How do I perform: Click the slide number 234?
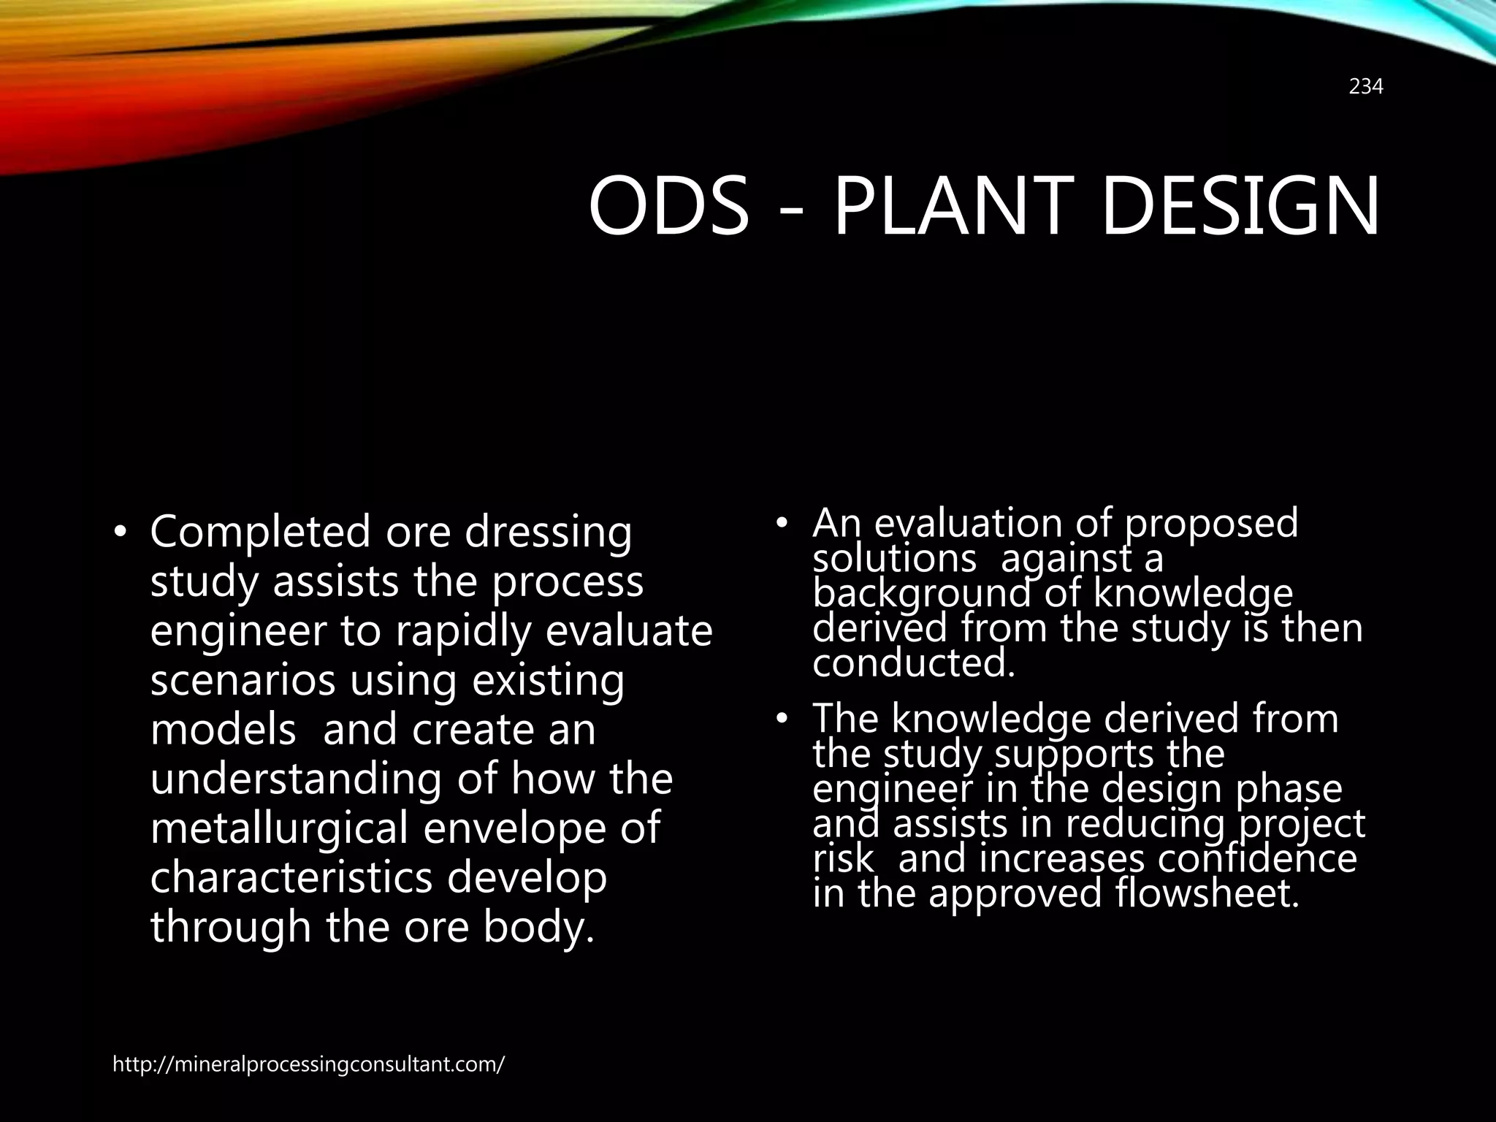(1365, 87)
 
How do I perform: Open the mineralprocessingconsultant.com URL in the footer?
(308, 1064)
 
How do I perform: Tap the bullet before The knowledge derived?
(782, 720)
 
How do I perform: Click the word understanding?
(295, 779)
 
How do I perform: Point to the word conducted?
(913, 663)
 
